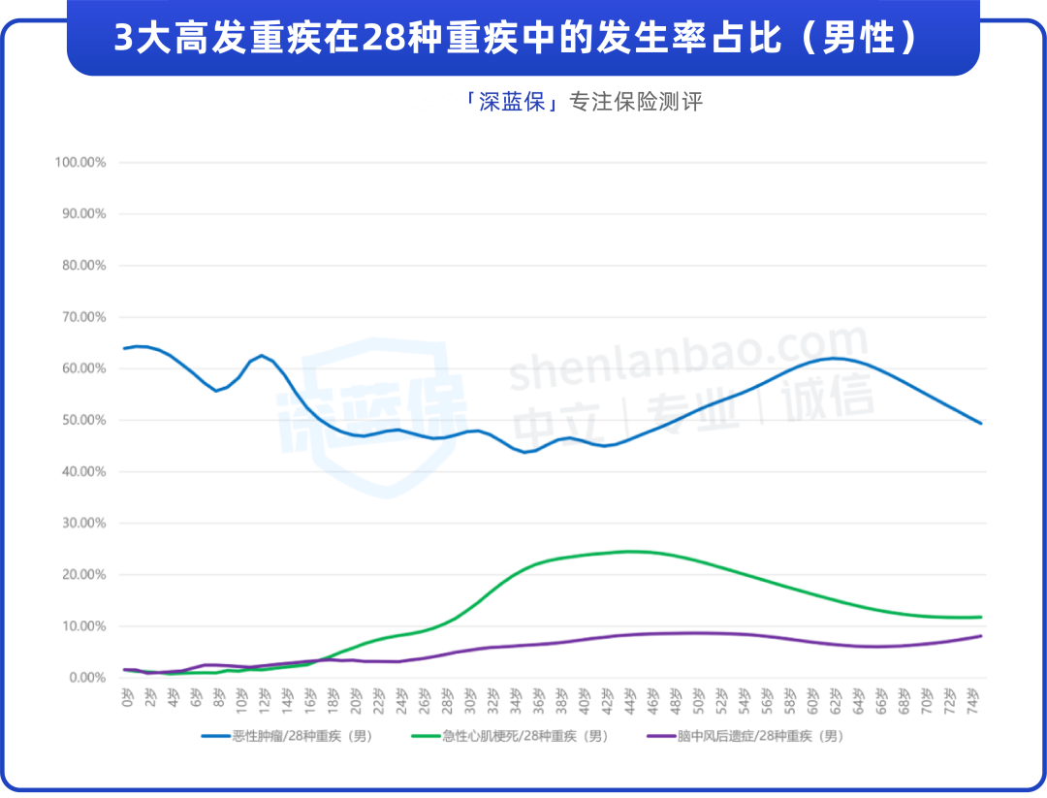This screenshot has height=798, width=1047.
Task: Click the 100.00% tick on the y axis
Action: pos(80,162)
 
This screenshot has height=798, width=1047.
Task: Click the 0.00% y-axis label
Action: pos(86,678)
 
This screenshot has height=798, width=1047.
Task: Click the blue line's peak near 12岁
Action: pos(262,355)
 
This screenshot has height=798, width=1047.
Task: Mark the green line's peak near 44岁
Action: pos(630,551)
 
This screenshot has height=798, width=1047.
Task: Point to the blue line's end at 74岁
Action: pos(981,423)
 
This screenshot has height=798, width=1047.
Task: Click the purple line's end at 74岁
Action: pos(981,636)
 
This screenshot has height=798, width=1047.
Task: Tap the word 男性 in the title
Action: pos(854,39)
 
